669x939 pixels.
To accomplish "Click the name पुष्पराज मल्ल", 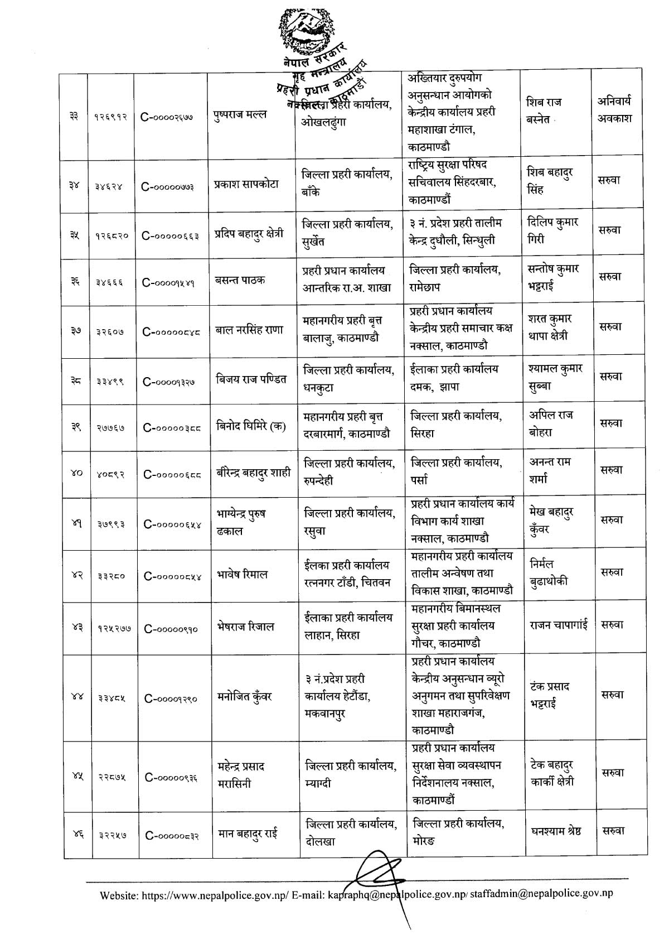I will pos(240,115).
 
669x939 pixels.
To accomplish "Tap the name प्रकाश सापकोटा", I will pos(246,185).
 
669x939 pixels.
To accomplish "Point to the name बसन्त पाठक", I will pos(240,280).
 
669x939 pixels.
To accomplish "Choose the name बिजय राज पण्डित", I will pos(251,379).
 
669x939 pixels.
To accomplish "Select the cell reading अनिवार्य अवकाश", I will pos(614,110).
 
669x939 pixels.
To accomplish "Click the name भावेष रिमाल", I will pos(243,575).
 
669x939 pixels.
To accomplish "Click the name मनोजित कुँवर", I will pos(245,696).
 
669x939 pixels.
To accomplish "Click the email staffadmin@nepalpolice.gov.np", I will pos(541,893).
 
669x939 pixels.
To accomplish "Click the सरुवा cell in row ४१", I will pos(612,520).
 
